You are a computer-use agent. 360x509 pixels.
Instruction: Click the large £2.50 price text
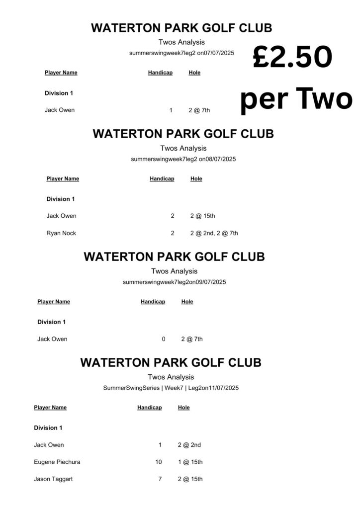[x=292, y=57]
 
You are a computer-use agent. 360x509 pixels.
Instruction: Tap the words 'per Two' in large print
[x=296, y=99]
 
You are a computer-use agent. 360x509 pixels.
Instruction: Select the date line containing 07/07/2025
[x=181, y=53]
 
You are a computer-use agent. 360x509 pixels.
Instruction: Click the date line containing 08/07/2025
[x=183, y=159]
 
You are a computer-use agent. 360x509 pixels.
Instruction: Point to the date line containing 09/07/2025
[x=174, y=282]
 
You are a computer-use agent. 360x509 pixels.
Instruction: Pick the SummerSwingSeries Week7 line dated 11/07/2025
[x=171, y=388]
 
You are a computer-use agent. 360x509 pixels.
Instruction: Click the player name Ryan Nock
[x=61, y=233]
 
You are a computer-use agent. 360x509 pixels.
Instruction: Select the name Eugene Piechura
[x=57, y=462]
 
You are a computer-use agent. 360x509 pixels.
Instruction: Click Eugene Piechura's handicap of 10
[x=159, y=462]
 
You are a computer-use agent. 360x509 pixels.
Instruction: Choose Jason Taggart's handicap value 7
[x=160, y=479]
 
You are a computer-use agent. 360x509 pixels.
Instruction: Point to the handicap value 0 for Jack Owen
[x=163, y=339]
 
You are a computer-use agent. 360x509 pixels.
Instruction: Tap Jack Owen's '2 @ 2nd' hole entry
[x=189, y=445]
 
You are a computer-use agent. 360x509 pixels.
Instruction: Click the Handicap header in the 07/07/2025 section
[x=160, y=73]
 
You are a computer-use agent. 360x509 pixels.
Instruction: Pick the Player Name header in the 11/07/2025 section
[x=50, y=408]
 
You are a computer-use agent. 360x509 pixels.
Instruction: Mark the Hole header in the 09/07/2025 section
[x=187, y=302]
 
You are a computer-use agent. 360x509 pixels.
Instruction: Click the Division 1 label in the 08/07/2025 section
[x=61, y=199]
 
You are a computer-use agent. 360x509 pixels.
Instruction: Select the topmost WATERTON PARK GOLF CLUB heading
[x=181, y=28]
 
